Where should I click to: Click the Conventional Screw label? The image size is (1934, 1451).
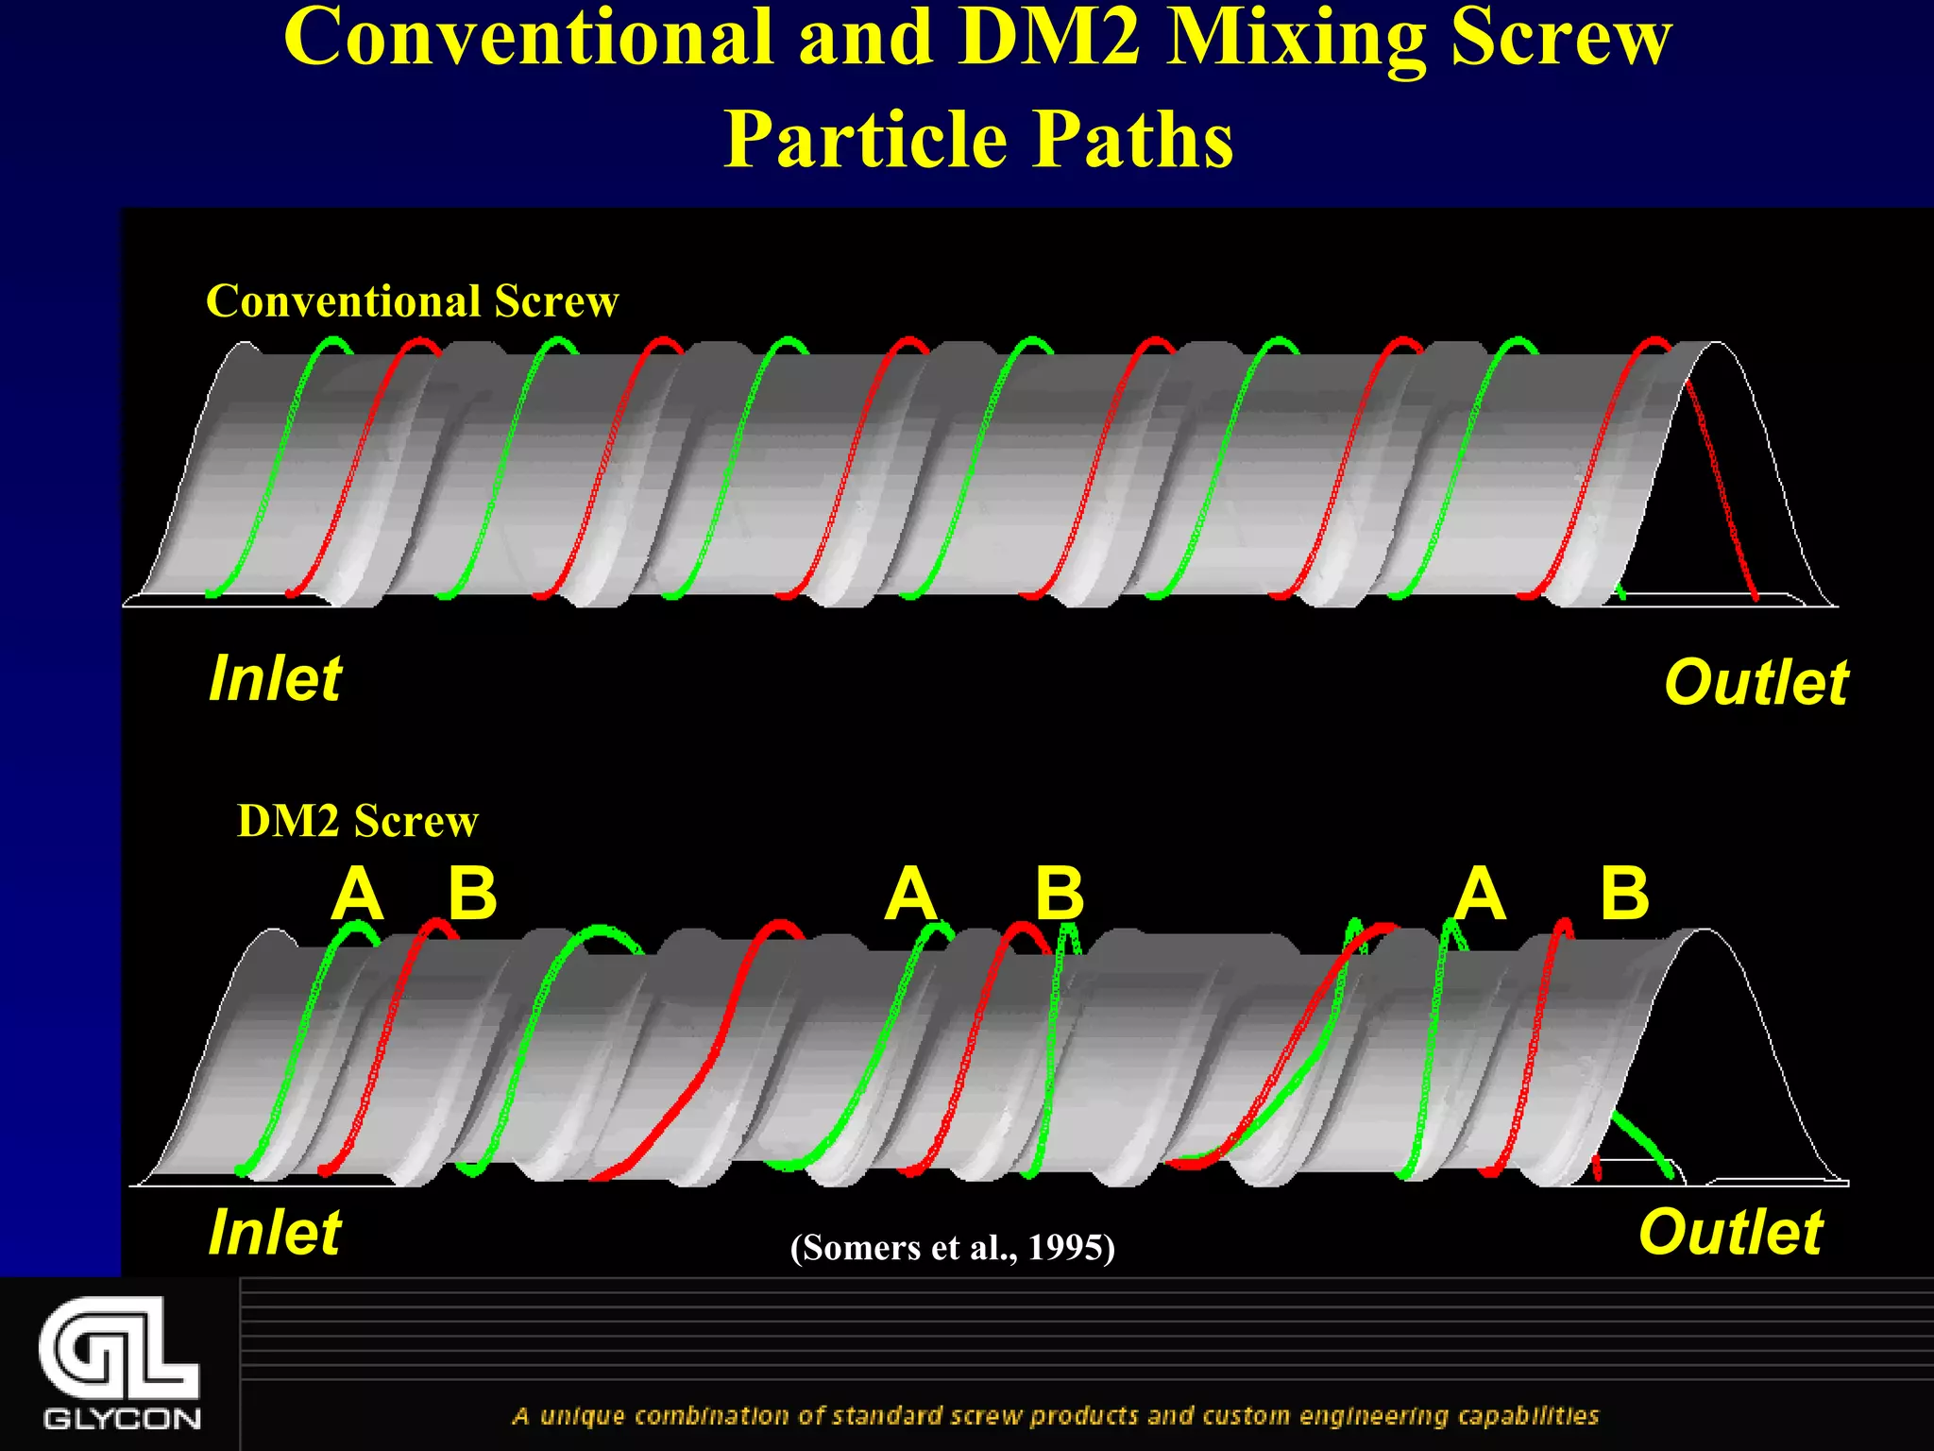click(x=412, y=302)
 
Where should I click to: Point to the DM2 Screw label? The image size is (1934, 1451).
click(x=357, y=821)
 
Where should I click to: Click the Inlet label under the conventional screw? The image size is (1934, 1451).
click(x=275, y=678)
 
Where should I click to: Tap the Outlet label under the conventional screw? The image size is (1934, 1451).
click(x=1756, y=682)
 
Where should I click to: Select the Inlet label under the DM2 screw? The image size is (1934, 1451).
click(x=275, y=1232)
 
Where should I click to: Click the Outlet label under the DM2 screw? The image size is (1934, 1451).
click(x=1730, y=1232)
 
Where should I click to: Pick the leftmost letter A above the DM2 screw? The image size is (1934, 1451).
click(x=357, y=894)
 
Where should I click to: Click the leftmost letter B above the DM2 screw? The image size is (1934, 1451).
click(x=472, y=894)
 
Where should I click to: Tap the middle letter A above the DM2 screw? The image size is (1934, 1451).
click(x=910, y=894)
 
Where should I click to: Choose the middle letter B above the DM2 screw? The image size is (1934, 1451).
click(x=1060, y=894)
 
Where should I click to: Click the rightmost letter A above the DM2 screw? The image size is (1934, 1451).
click(x=1479, y=894)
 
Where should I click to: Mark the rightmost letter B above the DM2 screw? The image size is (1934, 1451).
click(x=1624, y=894)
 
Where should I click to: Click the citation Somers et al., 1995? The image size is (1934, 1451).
click(x=953, y=1248)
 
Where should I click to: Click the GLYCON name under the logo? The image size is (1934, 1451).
click(x=122, y=1419)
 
